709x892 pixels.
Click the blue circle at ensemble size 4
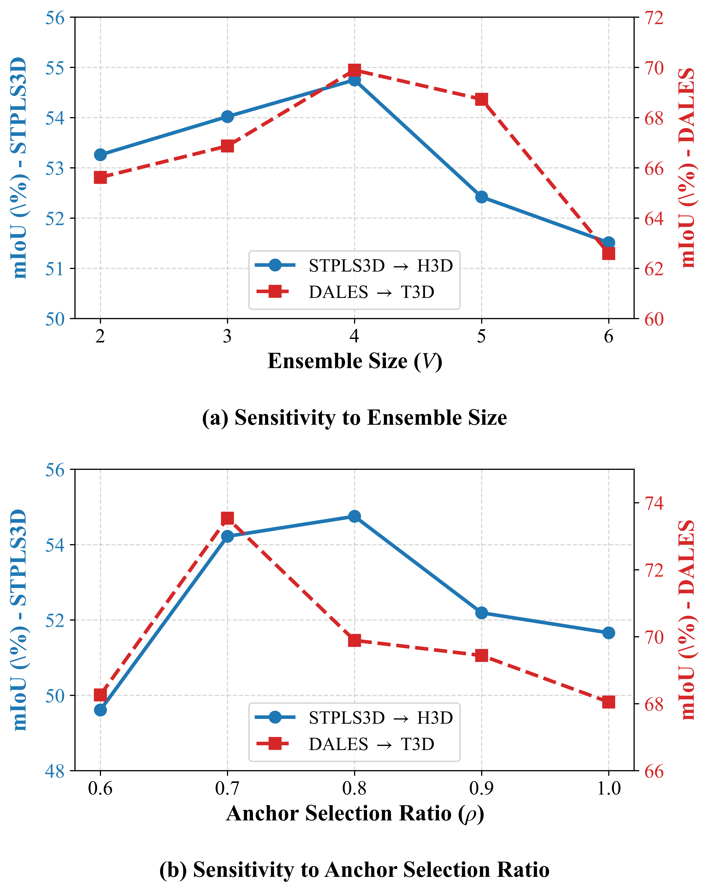354,80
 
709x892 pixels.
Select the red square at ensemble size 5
481,99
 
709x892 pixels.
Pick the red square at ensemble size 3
227,146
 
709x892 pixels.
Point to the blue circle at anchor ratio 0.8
354,516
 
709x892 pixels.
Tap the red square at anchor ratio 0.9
481,655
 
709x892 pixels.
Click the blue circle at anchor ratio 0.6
100,710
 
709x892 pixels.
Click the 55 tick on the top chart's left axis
55,67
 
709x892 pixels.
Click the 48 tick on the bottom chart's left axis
55,771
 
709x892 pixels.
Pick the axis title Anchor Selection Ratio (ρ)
355,813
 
